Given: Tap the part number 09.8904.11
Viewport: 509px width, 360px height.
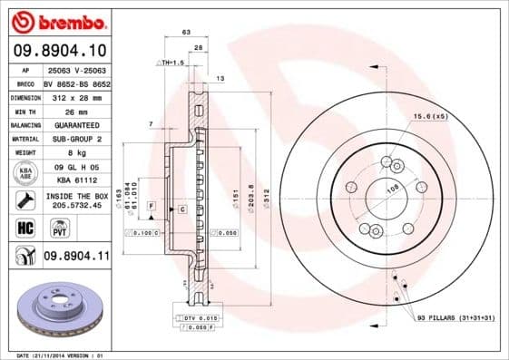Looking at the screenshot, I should [x=76, y=257].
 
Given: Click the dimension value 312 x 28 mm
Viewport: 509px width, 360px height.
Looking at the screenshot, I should [x=76, y=95].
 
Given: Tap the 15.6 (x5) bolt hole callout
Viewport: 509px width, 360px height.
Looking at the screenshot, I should [x=431, y=117].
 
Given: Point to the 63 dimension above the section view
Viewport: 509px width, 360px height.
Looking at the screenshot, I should [x=186, y=32].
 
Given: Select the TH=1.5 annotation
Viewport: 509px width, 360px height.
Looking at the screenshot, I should [x=171, y=63].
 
